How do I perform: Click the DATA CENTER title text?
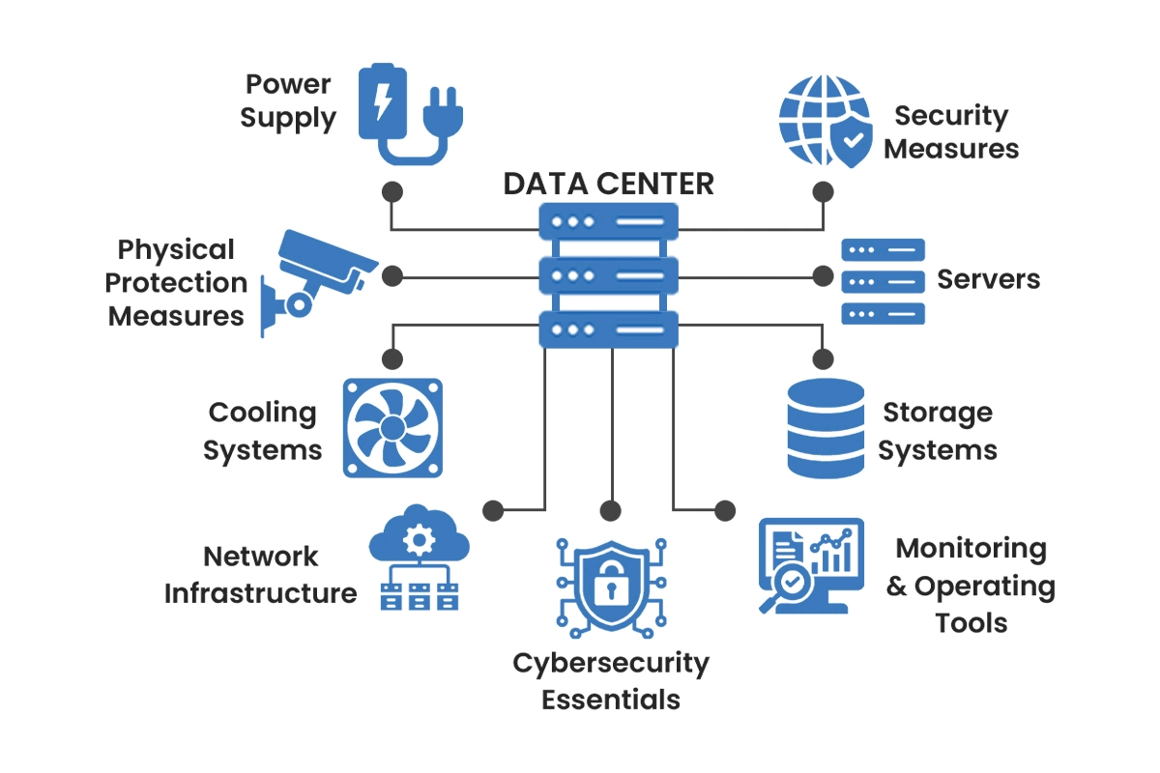[x=608, y=184]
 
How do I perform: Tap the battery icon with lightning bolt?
[x=384, y=100]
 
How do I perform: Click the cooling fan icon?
[x=392, y=427]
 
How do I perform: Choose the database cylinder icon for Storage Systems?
[x=825, y=428]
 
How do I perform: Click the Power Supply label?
[x=288, y=101]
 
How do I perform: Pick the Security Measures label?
[x=951, y=132]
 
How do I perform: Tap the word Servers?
[x=988, y=279]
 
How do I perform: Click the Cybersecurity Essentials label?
[x=611, y=681]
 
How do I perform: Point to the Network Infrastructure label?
[x=260, y=575]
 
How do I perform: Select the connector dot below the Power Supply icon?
[x=391, y=190]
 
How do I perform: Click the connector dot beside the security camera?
[x=391, y=276]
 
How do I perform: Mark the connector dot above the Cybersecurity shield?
[x=609, y=509]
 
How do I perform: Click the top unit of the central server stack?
[x=608, y=221]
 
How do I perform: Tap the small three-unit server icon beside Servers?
[x=883, y=280]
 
